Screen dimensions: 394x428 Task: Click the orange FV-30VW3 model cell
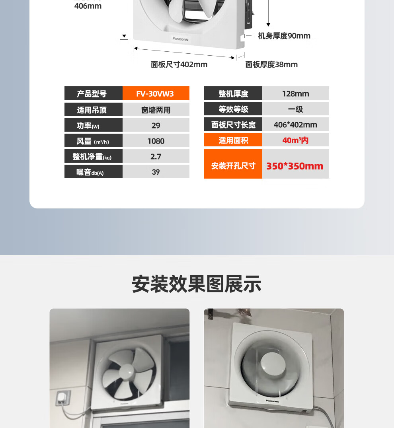point(156,93)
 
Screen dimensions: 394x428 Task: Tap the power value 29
point(156,125)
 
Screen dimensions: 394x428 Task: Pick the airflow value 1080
point(156,141)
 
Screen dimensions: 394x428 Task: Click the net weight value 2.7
point(156,156)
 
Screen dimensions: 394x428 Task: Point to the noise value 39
point(156,172)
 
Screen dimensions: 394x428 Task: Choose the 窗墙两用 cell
point(156,110)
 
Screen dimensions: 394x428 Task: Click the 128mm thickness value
point(296,93)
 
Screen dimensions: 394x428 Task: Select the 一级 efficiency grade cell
point(296,109)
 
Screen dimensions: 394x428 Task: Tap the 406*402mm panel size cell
point(296,125)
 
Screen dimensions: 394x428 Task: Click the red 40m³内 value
point(295,140)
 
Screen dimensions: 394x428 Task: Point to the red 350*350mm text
point(295,166)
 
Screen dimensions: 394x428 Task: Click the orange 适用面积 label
point(233,140)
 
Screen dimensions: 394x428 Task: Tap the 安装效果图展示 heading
point(197,284)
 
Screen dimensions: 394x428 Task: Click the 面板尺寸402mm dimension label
point(179,64)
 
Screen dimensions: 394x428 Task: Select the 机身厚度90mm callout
point(284,36)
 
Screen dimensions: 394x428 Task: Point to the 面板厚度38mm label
point(271,64)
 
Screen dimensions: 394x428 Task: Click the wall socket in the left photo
point(63,398)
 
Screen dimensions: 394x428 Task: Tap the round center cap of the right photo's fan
point(273,364)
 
